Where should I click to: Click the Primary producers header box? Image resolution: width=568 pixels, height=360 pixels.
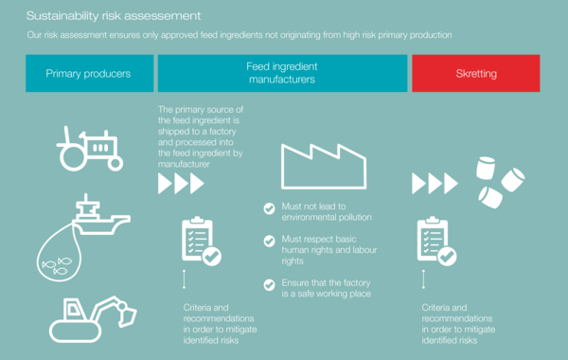tap(88, 73)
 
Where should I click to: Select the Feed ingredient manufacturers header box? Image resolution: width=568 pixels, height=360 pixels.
tap(281, 73)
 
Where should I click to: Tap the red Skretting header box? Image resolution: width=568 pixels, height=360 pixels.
tap(475, 73)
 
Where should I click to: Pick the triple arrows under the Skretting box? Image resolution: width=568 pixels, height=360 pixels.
tap(435, 183)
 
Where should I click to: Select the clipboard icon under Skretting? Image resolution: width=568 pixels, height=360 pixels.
tap(436, 241)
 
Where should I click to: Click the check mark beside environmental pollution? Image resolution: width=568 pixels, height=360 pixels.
tap(270, 207)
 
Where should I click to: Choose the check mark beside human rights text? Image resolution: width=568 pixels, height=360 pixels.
tap(270, 242)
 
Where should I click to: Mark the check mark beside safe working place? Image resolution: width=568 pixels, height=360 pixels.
tap(270, 284)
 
